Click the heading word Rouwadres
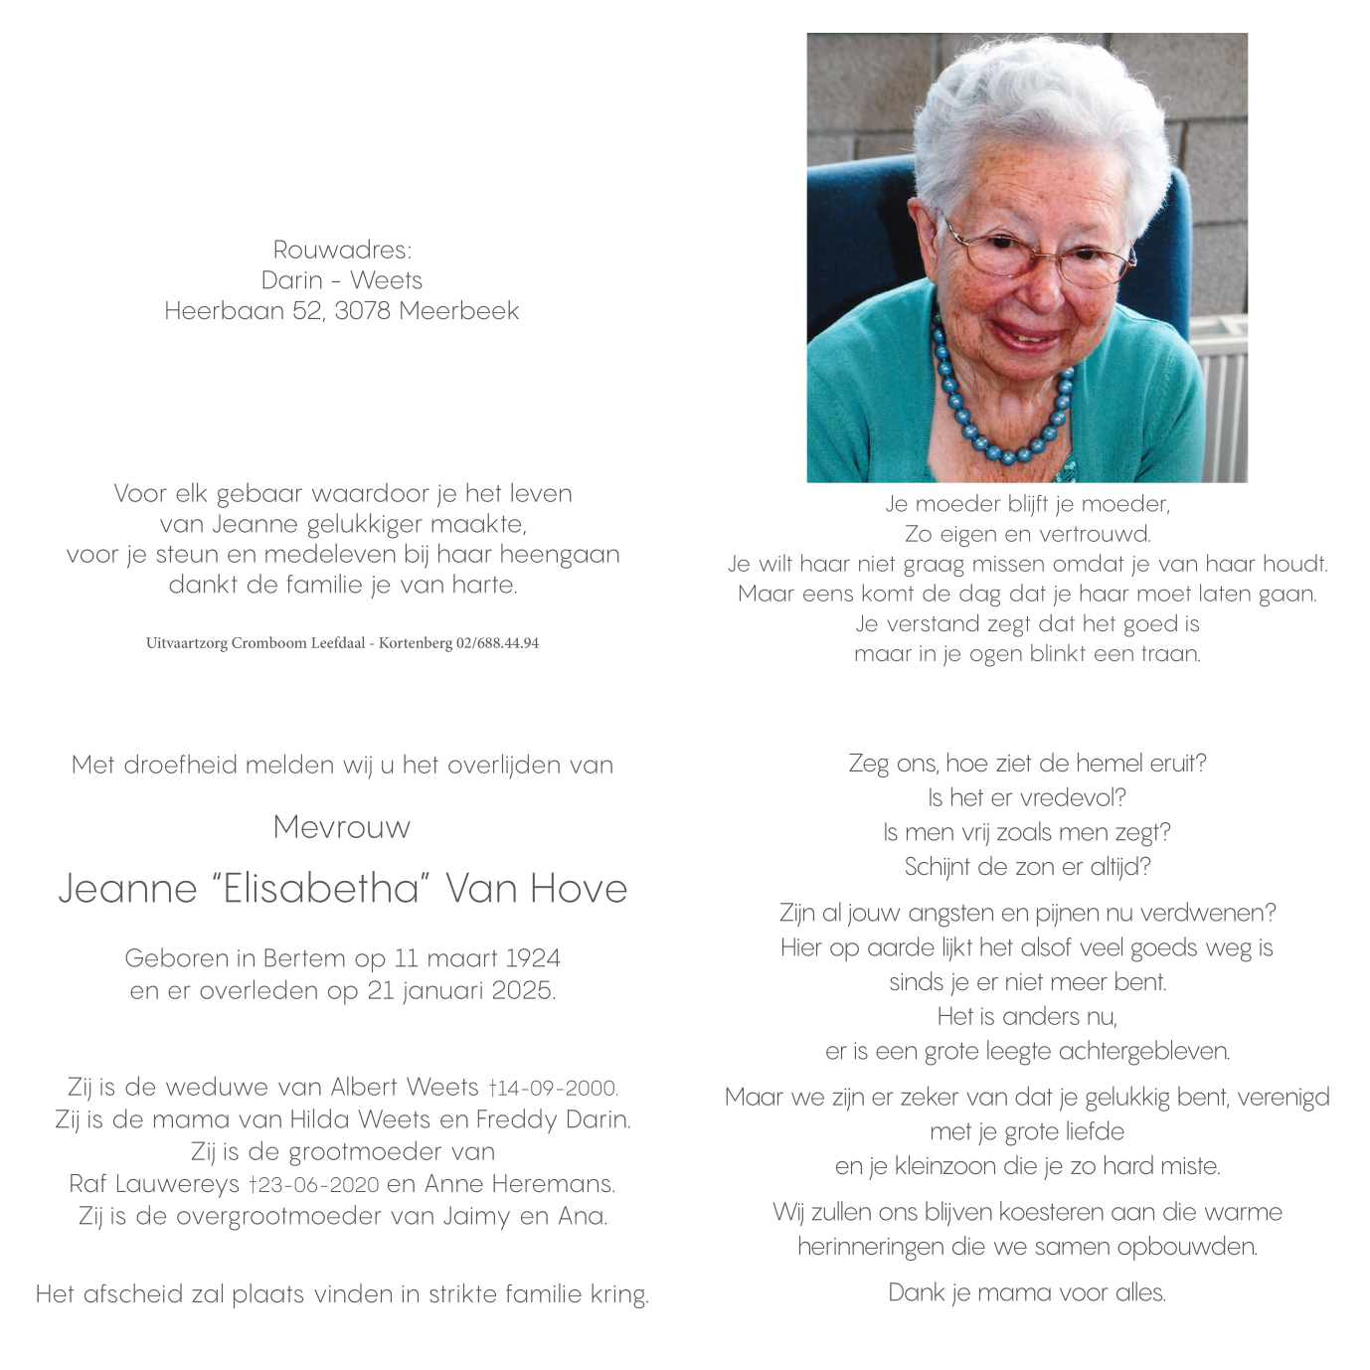point(341,250)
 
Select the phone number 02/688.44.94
point(497,643)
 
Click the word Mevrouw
point(341,827)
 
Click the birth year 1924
point(532,958)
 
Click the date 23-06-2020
point(318,1185)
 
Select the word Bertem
point(305,958)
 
